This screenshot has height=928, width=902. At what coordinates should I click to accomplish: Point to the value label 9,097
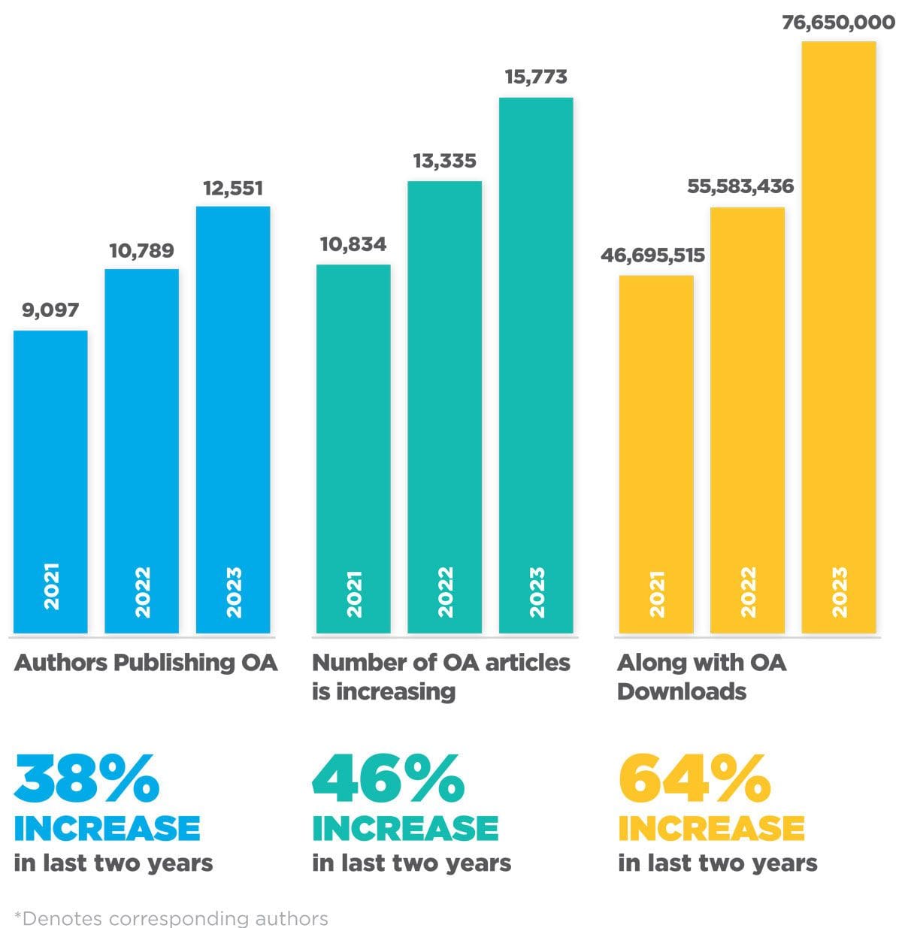click(50, 310)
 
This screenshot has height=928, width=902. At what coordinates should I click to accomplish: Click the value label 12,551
click(233, 188)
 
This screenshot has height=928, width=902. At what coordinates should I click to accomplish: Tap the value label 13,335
click(444, 162)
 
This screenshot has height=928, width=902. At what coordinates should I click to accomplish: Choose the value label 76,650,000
click(838, 23)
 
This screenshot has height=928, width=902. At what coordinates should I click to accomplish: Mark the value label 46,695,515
click(652, 255)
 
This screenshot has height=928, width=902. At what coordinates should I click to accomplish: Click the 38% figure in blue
click(86, 779)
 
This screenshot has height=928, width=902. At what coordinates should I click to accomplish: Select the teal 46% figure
click(388, 779)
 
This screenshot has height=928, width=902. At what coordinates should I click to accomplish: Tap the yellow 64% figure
click(694, 779)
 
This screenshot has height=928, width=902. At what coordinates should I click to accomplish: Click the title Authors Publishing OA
click(146, 663)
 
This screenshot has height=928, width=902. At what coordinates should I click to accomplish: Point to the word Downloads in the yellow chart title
click(682, 691)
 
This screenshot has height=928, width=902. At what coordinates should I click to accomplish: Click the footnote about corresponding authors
click(171, 918)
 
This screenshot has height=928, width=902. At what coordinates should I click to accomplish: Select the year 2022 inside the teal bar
click(445, 593)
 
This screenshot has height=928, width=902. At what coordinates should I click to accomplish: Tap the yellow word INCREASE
click(711, 829)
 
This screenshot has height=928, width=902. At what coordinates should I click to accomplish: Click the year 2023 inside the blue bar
click(234, 593)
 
